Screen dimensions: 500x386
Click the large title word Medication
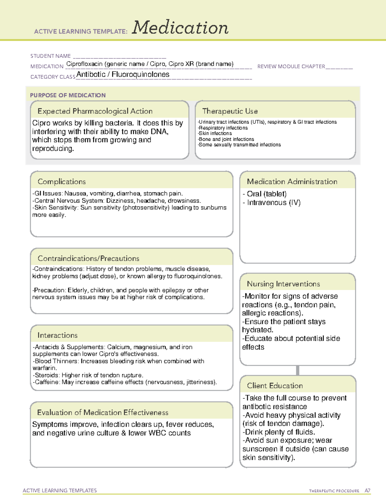(180, 28)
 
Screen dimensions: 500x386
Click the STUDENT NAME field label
(51, 56)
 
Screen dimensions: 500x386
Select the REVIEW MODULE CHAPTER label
(291, 66)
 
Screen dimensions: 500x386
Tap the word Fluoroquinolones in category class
(140, 74)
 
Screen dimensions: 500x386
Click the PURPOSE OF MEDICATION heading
(68, 95)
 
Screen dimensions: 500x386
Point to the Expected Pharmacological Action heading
(95, 111)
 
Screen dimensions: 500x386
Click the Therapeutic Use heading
(230, 111)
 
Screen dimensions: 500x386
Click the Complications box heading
(62, 182)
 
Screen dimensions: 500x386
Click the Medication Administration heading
(292, 182)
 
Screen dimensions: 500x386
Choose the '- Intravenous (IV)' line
(271, 203)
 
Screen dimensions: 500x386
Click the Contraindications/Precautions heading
(88, 258)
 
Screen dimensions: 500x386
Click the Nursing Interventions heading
(283, 284)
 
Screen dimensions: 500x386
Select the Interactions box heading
(58, 335)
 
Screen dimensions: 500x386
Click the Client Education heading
(275, 385)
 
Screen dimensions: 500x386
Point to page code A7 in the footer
(367, 491)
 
